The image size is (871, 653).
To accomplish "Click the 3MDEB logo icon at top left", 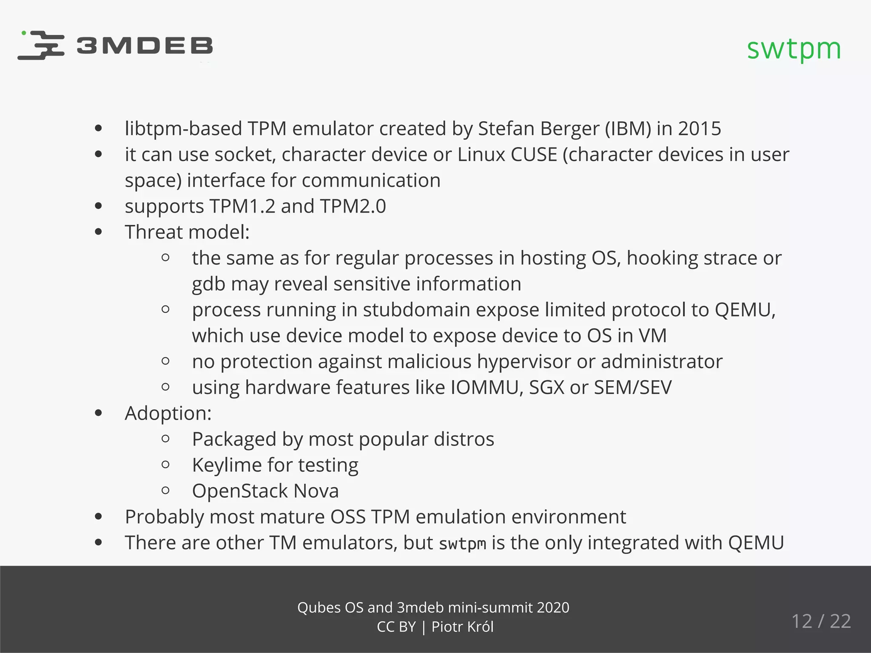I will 41,45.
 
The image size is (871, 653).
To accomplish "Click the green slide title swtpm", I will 794,49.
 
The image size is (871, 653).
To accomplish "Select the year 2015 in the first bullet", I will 700,129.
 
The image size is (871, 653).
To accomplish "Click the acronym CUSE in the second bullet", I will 534,155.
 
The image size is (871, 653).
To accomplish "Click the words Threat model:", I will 187,233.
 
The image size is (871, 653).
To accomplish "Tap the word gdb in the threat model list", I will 208,284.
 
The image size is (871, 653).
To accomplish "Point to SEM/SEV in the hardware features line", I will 633,388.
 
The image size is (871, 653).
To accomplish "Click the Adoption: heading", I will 168,414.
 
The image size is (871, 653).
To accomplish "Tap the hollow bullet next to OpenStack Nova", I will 166,491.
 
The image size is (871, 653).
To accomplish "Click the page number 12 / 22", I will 821,622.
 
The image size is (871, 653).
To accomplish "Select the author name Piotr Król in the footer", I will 462,627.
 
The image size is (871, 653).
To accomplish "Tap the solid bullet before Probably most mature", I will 99,517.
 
